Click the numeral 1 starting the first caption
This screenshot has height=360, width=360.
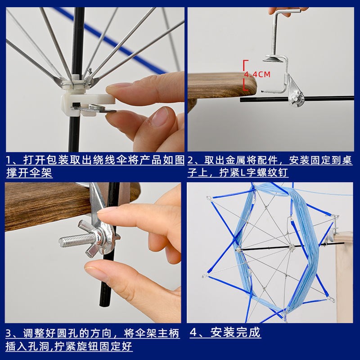pos(9,160)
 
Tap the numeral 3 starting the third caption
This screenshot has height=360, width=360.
pos(9,334)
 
